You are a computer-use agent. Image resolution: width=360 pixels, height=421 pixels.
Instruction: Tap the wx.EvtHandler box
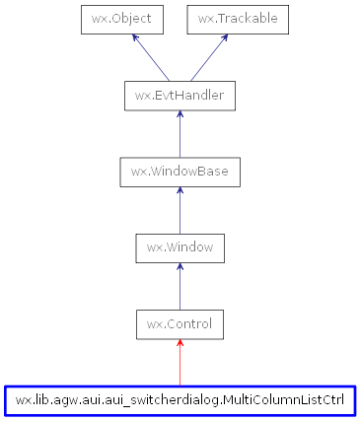point(180,96)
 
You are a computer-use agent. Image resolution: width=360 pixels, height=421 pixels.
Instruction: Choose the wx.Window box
point(180,247)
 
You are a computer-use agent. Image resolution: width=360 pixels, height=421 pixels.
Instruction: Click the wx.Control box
point(180,323)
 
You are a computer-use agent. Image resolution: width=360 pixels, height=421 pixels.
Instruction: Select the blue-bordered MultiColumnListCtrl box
point(180,400)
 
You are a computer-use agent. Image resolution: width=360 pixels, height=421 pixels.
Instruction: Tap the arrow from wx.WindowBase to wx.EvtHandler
point(180,134)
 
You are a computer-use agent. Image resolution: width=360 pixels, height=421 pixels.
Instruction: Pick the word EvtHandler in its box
point(187,96)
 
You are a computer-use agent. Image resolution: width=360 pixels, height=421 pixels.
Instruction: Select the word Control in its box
point(187,323)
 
